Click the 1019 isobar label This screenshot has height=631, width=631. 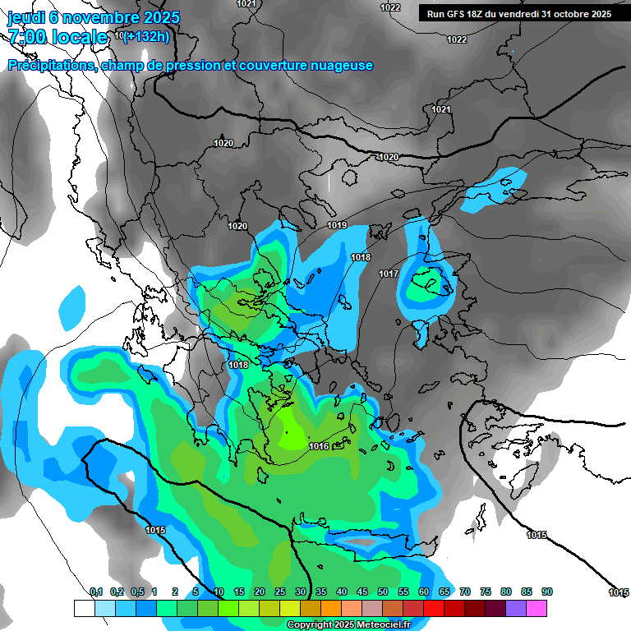coord(337,225)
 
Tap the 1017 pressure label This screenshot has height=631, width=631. coord(389,274)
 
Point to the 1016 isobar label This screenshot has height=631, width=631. coord(320,446)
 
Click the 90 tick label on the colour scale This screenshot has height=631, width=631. coord(547,592)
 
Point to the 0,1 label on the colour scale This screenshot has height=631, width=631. coord(96,592)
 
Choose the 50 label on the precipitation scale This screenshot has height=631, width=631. coord(383,592)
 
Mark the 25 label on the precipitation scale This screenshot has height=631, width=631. coord(280,592)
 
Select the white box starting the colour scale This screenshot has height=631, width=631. coord(84,608)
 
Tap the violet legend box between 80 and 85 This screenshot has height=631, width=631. coord(516,608)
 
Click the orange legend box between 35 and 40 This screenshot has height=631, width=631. coord(331,608)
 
